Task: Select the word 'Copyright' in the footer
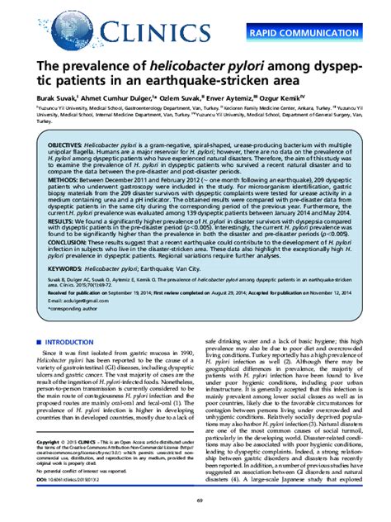[x=59, y=442]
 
